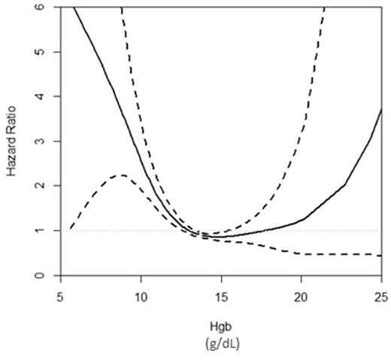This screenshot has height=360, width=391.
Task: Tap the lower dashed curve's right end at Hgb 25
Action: [x=380, y=256]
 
